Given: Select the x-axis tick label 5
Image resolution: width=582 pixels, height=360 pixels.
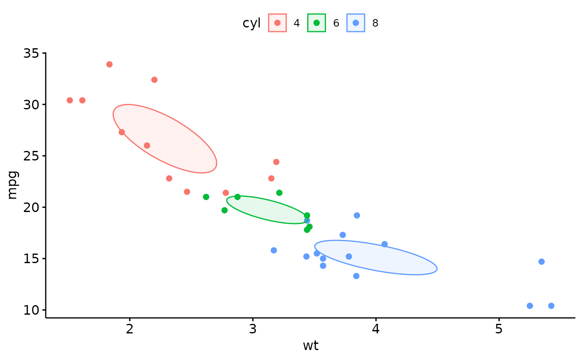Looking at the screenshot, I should [499, 329].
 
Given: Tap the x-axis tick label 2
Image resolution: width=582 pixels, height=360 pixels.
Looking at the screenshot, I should [130, 329].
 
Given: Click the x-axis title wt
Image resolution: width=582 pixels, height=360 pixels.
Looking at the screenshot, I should [311, 345].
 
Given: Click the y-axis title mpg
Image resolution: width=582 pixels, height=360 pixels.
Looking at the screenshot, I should [12, 185].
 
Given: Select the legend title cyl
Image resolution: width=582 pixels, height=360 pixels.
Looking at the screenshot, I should [252, 23].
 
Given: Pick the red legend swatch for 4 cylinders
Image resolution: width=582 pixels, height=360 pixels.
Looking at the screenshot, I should [277, 23].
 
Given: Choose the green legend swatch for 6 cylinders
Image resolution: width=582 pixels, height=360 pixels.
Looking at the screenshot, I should [316, 23].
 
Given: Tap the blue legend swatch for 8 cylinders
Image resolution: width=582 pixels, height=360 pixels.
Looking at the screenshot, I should [355, 23].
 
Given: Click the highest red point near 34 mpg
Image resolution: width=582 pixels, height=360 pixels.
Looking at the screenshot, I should [109, 64].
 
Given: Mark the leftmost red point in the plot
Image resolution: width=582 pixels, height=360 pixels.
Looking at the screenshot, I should [70, 100].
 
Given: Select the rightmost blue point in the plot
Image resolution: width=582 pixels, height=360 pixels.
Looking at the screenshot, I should [551, 306].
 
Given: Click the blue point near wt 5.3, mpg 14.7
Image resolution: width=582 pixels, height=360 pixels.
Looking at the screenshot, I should [541, 261].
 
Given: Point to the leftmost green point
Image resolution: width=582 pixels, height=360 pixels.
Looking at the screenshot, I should [206, 197].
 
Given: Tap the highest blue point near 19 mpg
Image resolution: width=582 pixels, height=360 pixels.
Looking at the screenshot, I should [357, 215].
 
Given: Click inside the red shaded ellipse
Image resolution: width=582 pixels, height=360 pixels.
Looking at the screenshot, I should [165, 138].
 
